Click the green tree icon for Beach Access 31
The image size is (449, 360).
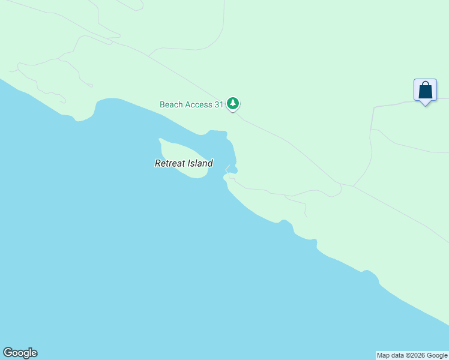233,104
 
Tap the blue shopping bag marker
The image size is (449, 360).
425,91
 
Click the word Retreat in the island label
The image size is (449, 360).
170,163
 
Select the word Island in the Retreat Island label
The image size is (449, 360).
200,163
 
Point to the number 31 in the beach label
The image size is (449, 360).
219,104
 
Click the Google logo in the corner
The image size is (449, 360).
20,353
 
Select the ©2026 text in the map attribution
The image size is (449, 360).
411,355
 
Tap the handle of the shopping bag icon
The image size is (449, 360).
425,85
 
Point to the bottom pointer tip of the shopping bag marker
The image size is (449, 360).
425,105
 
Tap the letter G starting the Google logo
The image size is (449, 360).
7,353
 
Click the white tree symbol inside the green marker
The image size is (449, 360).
233,104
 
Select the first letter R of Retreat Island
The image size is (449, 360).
158,163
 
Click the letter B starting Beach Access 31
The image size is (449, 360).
162,104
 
